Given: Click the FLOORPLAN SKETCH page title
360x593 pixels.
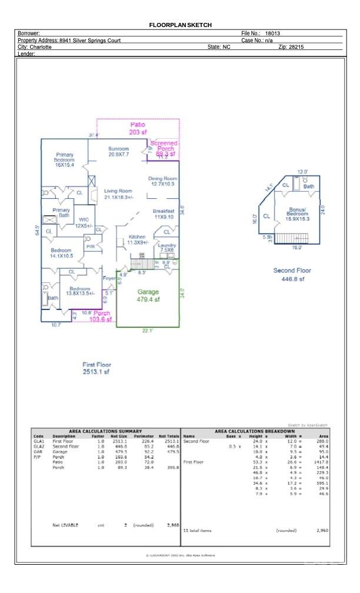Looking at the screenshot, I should [180, 25].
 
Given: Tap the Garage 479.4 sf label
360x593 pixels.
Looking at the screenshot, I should [148, 295].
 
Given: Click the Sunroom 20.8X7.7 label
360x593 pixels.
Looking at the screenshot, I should [118, 152].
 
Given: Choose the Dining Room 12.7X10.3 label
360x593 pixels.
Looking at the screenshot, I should [163, 181].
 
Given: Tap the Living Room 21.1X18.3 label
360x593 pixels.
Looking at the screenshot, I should [118, 194].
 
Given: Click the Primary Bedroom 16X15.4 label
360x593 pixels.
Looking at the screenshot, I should [64, 160].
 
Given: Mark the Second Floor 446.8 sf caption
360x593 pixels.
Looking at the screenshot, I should [292, 275].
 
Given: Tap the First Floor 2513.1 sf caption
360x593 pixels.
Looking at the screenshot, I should [96, 368].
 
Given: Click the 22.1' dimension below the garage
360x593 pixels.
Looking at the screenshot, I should [148, 331].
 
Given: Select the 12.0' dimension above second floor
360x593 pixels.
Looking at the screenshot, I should [302, 172].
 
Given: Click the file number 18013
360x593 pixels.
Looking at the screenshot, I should [272, 34].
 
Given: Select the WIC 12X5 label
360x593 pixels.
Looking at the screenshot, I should [84, 222].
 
